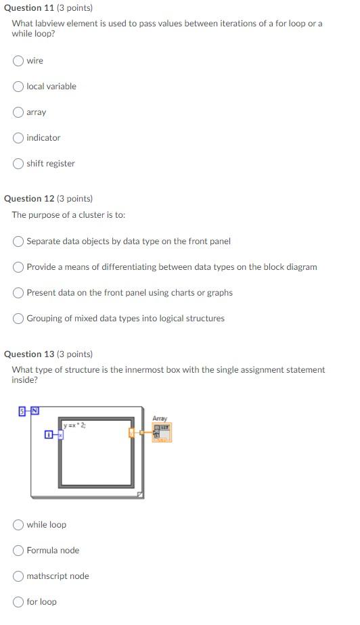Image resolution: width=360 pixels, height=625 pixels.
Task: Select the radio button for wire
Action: point(18,61)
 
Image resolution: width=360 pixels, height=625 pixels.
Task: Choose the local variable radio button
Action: point(18,87)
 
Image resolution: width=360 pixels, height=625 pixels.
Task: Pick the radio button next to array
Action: point(18,112)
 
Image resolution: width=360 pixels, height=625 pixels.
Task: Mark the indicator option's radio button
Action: point(18,138)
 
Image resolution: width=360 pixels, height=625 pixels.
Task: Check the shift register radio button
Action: point(18,164)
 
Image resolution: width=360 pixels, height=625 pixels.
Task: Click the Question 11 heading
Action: point(48,7)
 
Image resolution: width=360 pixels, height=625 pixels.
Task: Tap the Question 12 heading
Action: point(48,198)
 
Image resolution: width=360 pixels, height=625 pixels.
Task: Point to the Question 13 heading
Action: point(48,354)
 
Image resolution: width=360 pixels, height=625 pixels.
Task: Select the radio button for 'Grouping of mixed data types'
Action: point(18,319)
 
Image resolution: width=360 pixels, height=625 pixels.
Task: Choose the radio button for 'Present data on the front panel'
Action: point(18,293)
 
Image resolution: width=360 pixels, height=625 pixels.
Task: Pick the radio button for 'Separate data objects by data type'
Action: point(18,241)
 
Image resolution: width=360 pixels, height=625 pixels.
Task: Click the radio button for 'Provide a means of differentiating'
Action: point(18,267)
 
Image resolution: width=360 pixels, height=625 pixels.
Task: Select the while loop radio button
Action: point(18,525)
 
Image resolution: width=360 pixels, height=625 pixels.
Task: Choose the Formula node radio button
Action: point(18,551)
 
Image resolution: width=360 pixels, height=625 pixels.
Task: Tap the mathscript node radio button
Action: point(18,576)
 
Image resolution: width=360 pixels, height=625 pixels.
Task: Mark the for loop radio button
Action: point(18,602)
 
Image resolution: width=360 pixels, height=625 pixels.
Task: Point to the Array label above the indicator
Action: point(160,419)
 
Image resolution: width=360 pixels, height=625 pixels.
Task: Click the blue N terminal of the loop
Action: point(34,411)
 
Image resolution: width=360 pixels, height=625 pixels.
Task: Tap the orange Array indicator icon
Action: point(162,432)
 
